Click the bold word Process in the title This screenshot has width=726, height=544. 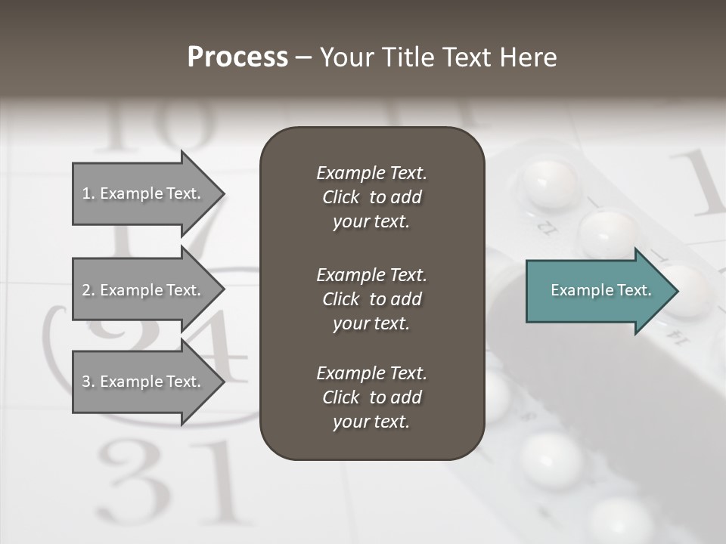[x=237, y=57]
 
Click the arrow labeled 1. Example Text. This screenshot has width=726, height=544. [x=144, y=193]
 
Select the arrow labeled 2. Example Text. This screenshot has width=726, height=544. [x=144, y=290]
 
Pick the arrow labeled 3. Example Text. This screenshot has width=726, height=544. [x=144, y=382]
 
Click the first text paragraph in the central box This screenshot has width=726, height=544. [x=371, y=197]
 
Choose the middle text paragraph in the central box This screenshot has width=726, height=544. [x=371, y=299]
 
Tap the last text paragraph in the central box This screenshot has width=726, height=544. [x=371, y=397]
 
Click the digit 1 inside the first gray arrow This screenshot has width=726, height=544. [x=86, y=194]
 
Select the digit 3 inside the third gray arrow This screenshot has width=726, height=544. [x=86, y=382]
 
